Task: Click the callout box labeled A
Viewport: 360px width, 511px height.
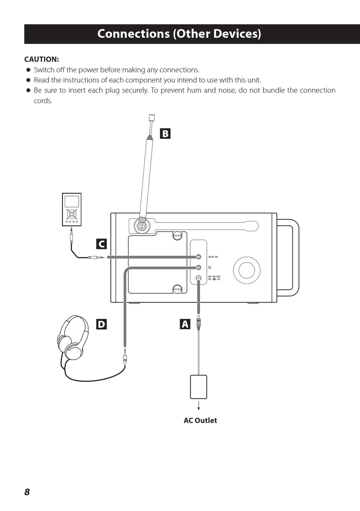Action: pyautogui.click(x=185, y=324)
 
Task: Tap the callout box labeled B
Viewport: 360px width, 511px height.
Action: pyautogui.click(x=165, y=134)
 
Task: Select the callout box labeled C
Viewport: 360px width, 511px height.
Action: pyautogui.click(x=102, y=244)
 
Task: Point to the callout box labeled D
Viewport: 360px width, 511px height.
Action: pyautogui.click(x=102, y=324)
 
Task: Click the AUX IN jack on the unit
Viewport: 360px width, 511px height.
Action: pyautogui.click(x=199, y=257)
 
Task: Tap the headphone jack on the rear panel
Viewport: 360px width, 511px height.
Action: pyautogui.click(x=199, y=267)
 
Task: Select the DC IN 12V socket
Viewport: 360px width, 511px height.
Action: pyautogui.click(x=199, y=278)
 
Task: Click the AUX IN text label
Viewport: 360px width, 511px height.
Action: pyautogui.click(x=213, y=257)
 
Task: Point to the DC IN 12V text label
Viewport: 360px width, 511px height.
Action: pyautogui.click(x=214, y=277)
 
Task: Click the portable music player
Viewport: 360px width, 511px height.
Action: pyautogui.click(x=72, y=209)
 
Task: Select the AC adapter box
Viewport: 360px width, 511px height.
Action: pyautogui.click(x=199, y=387)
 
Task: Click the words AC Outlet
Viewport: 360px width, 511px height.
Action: pyautogui.click(x=200, y=420)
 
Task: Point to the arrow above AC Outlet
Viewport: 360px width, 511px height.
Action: pyautogui.click(x=199, y=406)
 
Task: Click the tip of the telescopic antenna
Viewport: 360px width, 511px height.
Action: pyautogui.click(x=151, y=118)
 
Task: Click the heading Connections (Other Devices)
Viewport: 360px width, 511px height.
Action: pyautogui.click(x=179, y=34)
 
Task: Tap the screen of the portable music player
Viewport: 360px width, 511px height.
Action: pyautogui.click(x=72, y=201)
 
